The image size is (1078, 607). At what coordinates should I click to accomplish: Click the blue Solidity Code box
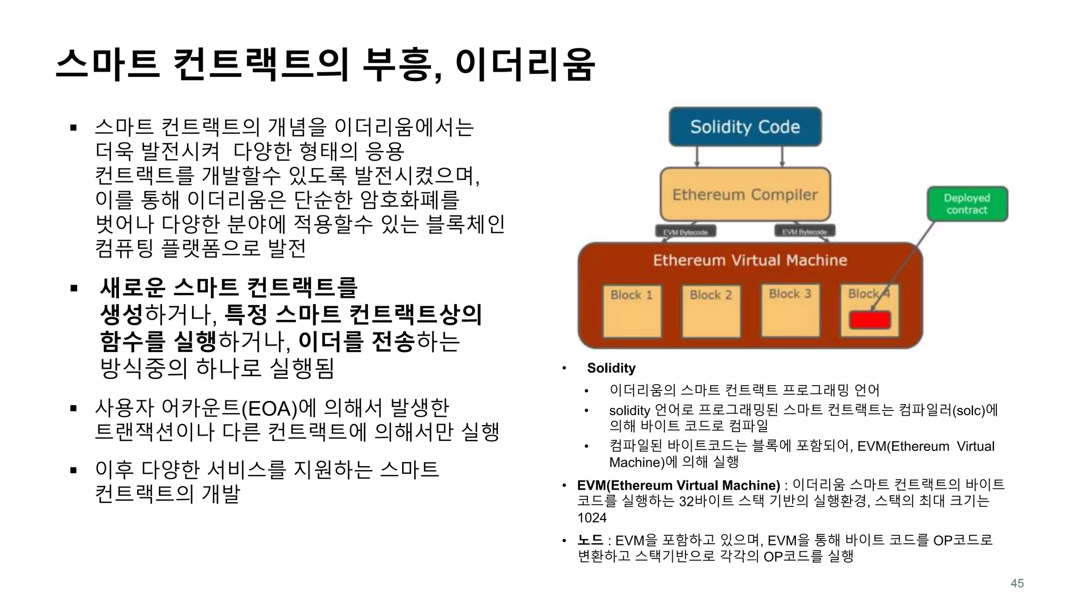[x=745, y=127]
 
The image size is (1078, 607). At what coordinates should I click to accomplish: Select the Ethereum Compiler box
[x=745, y=194]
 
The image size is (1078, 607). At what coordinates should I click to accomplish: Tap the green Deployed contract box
[x=967, y=204]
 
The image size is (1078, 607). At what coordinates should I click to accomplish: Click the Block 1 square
[x=632, y=311]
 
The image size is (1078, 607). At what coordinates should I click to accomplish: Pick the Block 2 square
[x=711, y=311]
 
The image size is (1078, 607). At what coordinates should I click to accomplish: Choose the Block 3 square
[x=790, y=311]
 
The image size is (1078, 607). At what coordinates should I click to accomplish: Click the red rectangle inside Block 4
[x=870, y=320]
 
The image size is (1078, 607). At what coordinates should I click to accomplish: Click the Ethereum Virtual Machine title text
[x=750, y=260]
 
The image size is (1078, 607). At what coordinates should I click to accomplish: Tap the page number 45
[x=1017, y=583]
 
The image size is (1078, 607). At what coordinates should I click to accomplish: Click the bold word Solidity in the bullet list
[x=611, y=368]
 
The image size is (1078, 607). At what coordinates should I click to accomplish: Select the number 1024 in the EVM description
[x=592, y=518]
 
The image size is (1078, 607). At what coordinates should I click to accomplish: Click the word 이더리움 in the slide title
[x=525, y=64]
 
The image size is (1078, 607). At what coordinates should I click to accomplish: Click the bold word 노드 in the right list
[x=590, y=540]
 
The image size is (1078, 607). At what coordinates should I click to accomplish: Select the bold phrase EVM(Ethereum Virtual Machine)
[x=678, y=485]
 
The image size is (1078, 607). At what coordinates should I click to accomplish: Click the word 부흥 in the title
[x=398, y=64]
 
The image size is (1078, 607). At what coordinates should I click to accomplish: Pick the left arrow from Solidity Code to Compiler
[x=697, y=156]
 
